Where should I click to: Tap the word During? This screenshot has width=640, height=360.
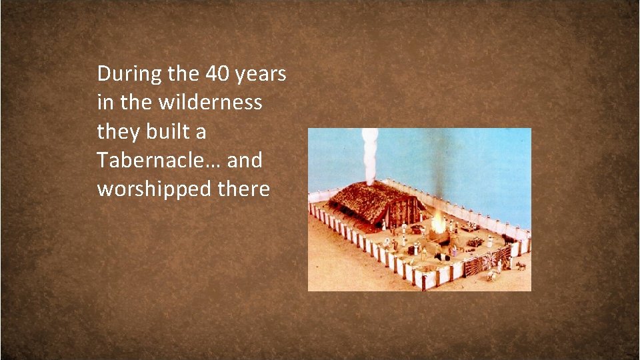click(x=129, y=74)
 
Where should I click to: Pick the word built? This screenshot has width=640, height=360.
click(x=168, y=131)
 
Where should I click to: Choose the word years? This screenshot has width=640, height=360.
click(x=261, y=75)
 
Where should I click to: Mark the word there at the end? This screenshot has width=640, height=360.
click(x=243, y=189)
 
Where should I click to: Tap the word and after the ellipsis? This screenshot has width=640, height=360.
click(x=245, y=161)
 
